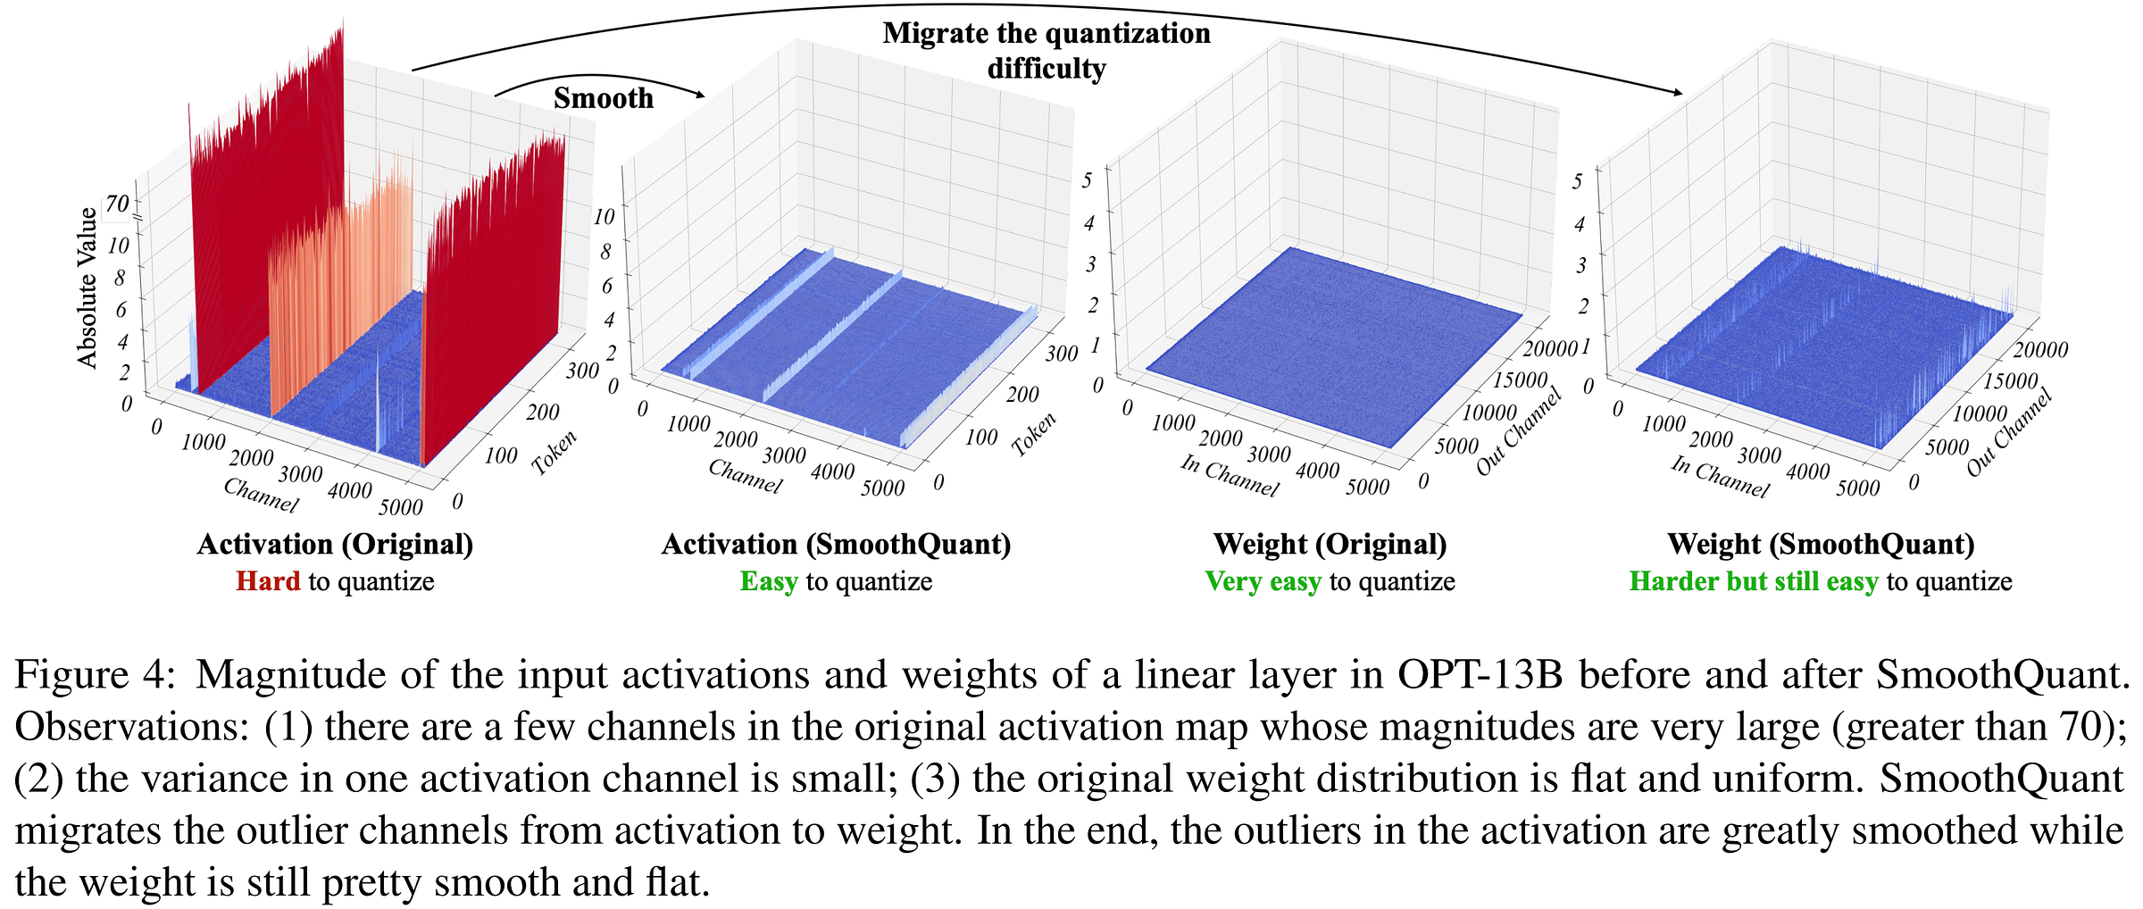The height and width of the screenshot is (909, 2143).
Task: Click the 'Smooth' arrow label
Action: point(603,98)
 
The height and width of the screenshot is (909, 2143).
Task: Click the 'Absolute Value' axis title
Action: point(87,288)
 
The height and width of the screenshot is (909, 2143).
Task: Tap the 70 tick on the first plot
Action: point(117,204)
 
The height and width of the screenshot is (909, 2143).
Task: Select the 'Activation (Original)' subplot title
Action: point(335,544)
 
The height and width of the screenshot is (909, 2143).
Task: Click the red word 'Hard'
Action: point(268,581)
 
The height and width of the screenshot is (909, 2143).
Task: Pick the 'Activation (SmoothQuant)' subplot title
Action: point(836,544)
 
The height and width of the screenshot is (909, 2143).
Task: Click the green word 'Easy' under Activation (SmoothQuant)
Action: point(768,581)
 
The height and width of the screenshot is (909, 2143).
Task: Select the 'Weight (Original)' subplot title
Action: point(1330,544)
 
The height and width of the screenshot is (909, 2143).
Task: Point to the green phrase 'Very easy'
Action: point(1263,581)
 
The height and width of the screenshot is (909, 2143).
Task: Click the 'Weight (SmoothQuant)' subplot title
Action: point(1821,544)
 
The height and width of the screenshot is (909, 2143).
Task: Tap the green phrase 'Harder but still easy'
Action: point(1754,581)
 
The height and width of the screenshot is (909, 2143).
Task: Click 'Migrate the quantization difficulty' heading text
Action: point(1046,50)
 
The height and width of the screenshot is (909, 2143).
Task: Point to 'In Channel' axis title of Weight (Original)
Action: point(1230,475)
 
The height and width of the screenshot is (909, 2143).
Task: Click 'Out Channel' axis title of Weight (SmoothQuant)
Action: point(2009,432)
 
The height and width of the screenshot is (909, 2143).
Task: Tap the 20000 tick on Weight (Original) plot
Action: point(1549,348)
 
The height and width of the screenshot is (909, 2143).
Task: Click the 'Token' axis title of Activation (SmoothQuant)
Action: point(1034,434)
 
